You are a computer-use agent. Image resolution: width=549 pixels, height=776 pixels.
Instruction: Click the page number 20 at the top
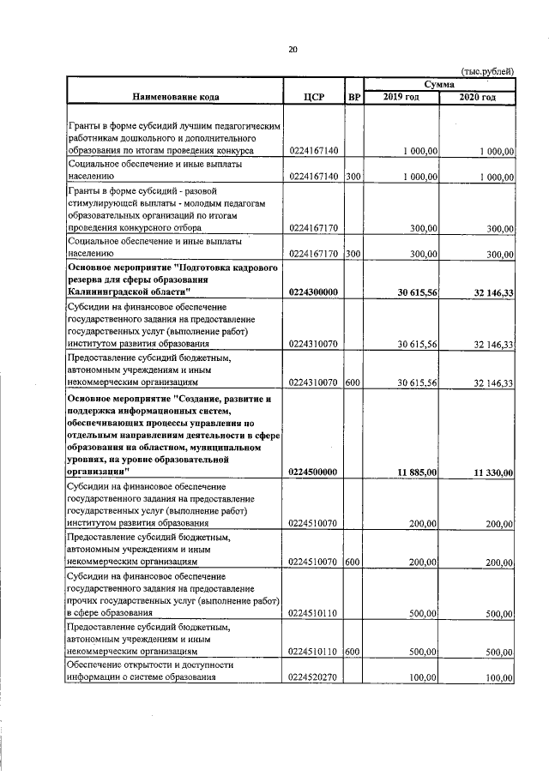coord(292,50)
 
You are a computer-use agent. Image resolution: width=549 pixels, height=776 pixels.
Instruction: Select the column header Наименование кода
coord(175,97)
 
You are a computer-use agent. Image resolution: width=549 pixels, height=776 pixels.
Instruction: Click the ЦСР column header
coord(313,97)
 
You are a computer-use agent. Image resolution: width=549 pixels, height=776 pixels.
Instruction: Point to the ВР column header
coord(353,97)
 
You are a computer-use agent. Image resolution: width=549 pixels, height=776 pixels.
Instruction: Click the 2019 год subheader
coord(401,97)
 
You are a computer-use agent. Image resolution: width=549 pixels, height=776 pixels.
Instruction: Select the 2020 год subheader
coord(477,97)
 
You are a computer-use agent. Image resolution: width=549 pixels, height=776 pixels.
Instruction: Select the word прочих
coord(84,601)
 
